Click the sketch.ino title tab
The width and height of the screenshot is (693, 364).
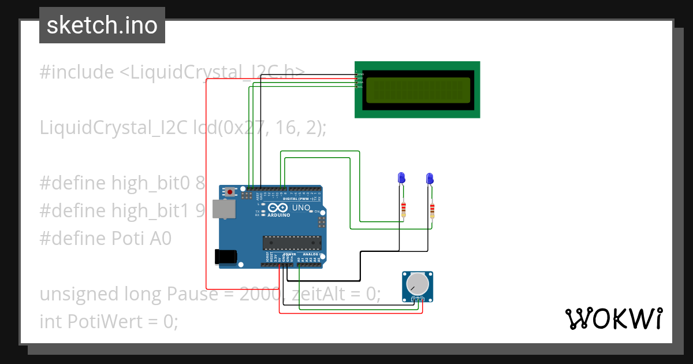pos(102,25)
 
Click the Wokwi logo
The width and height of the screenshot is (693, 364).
pos(613,318)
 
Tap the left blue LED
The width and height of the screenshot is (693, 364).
pos(400,178)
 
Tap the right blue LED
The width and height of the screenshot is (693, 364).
pos(429,178)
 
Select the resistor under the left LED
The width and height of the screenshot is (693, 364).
pos(403,209)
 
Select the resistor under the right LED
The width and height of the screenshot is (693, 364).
pos(432,209)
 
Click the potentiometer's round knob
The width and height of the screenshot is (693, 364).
pos(417,284)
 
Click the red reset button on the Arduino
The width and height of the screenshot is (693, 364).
pos(230,192)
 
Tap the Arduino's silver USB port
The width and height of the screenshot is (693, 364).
pos(223,209)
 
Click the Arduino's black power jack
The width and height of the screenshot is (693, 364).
pos(226,257)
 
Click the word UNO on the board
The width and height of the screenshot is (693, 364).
pos(300,207)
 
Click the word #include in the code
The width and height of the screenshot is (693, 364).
pos(77,72)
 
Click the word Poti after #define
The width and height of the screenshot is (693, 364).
pos(137,239)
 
